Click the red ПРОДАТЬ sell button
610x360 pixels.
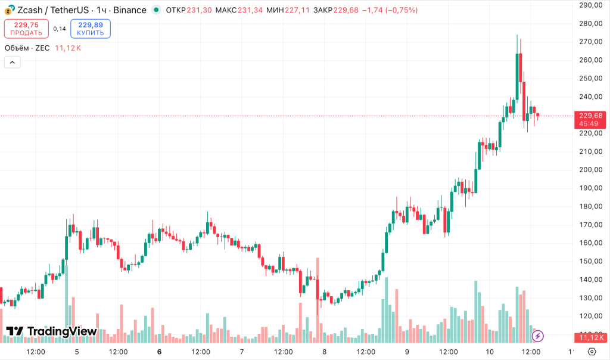pyautogui.click(x=26, y=29)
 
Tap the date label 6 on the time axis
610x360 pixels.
pyautogui.click(x=159, y=352)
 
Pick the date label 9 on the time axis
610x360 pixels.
pyautogui.click(x=407, y=352)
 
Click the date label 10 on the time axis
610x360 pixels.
pyautogui.click(x=490, y=352)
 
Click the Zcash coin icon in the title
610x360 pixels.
pyautogui.click(x=10, y=10)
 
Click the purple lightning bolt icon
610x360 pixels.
pyautogui.click(x=537, y=336)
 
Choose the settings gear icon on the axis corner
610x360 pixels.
pyautogui.click(x=592, y=352)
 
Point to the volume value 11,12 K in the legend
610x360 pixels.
pyautogui.click(x=67, y=48)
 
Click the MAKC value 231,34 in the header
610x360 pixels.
pyautogui.click(x=250, y=10)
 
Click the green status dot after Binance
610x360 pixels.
pyautogui.click(x=156, y=10)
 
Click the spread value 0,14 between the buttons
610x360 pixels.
pyautogui.click(x=60, y=29)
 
